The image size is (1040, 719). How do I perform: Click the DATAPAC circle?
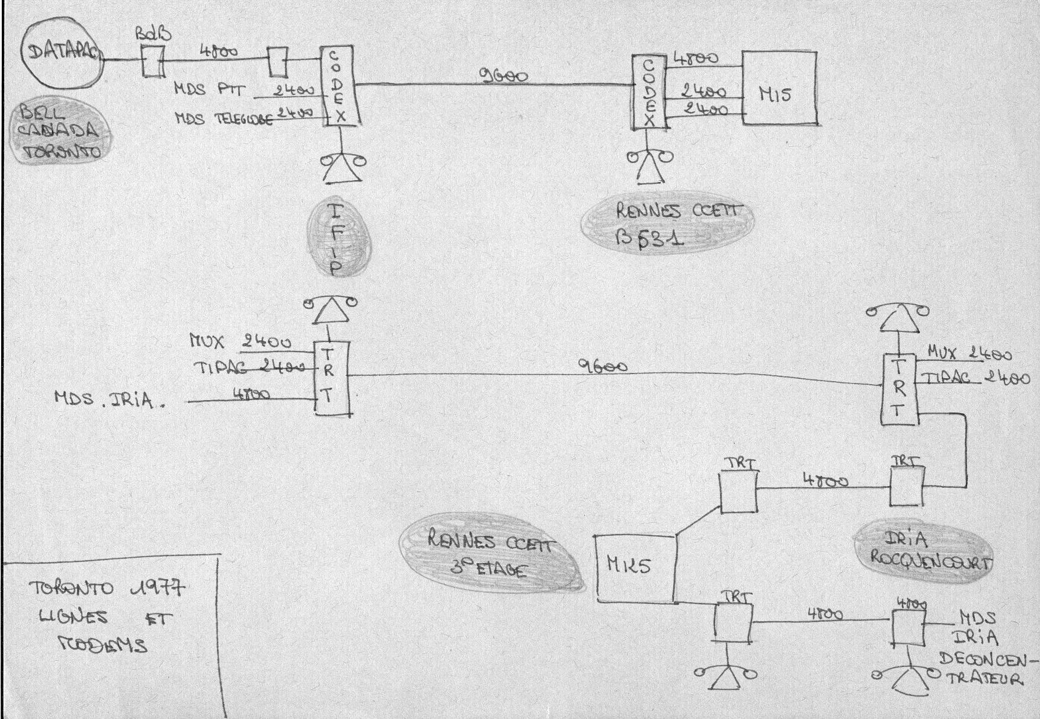coord(61,55)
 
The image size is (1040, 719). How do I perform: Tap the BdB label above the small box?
coord(153,34)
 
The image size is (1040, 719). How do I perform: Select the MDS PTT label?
coord(204,90)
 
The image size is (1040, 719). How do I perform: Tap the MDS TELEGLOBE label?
coord(224,119)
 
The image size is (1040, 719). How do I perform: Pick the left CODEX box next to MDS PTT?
coord(340,87)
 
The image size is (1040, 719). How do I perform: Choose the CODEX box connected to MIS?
coord(649,91)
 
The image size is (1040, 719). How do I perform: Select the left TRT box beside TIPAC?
coord(331,378)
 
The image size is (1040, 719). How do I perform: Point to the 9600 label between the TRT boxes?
coord(602,367)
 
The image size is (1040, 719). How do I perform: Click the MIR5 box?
coord(635,568)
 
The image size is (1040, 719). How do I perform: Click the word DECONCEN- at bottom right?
coord(989,659)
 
